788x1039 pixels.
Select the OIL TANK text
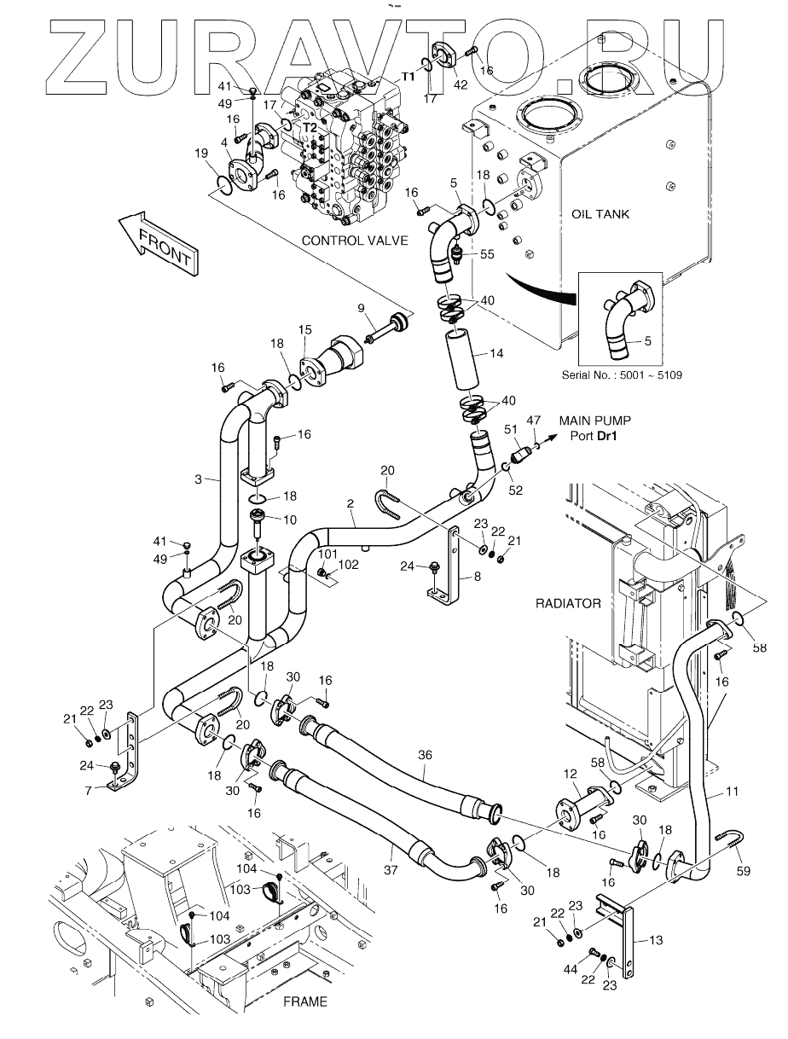coord(599,214)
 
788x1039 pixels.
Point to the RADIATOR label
coord(568,603)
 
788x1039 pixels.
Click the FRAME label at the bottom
coord(304,1002)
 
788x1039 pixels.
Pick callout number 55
coord(487,253)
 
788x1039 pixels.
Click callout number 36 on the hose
coord(426,755)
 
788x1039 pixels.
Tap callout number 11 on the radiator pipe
coord(732,792)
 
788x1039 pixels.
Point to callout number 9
coord(361,308)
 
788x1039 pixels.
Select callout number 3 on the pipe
coord(198,479)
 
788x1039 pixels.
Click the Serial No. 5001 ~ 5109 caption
coord(623,374)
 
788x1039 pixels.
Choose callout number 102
coord(347,564)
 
